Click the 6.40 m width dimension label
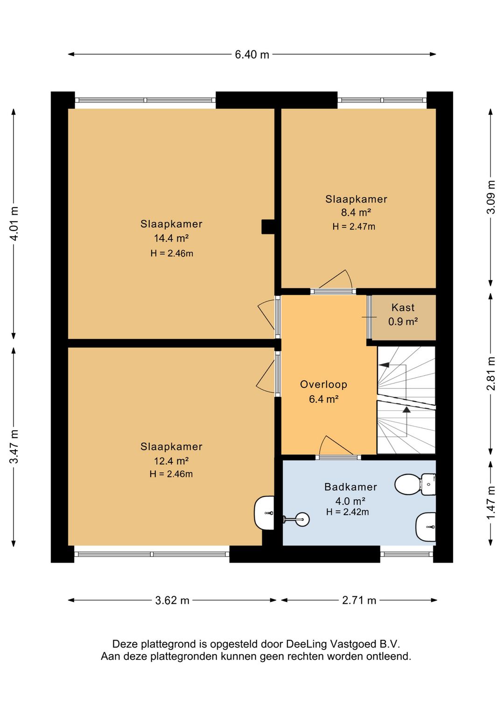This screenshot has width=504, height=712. [x=252, y=55]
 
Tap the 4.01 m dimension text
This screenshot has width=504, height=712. [x=14, y=223]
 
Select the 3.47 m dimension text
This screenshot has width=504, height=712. [x=14, y=446]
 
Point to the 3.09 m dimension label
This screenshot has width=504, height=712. [x=491, y=197]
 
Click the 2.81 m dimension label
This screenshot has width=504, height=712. [x=491, y=373]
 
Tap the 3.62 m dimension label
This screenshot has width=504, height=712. [x=172, y=600]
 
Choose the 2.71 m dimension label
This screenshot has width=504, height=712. [x=359, y=600]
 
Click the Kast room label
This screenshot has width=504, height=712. [x=403, y=307]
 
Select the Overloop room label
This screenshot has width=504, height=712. [x=323, y=384]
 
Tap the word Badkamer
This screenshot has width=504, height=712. [x=351, y=487]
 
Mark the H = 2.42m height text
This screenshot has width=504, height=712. [x=348, y=512]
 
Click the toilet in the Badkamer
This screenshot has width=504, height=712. [x=415, y=485]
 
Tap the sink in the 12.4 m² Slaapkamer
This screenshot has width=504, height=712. [x=264, y=513]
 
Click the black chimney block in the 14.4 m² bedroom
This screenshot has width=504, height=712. [x=268, y=227]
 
